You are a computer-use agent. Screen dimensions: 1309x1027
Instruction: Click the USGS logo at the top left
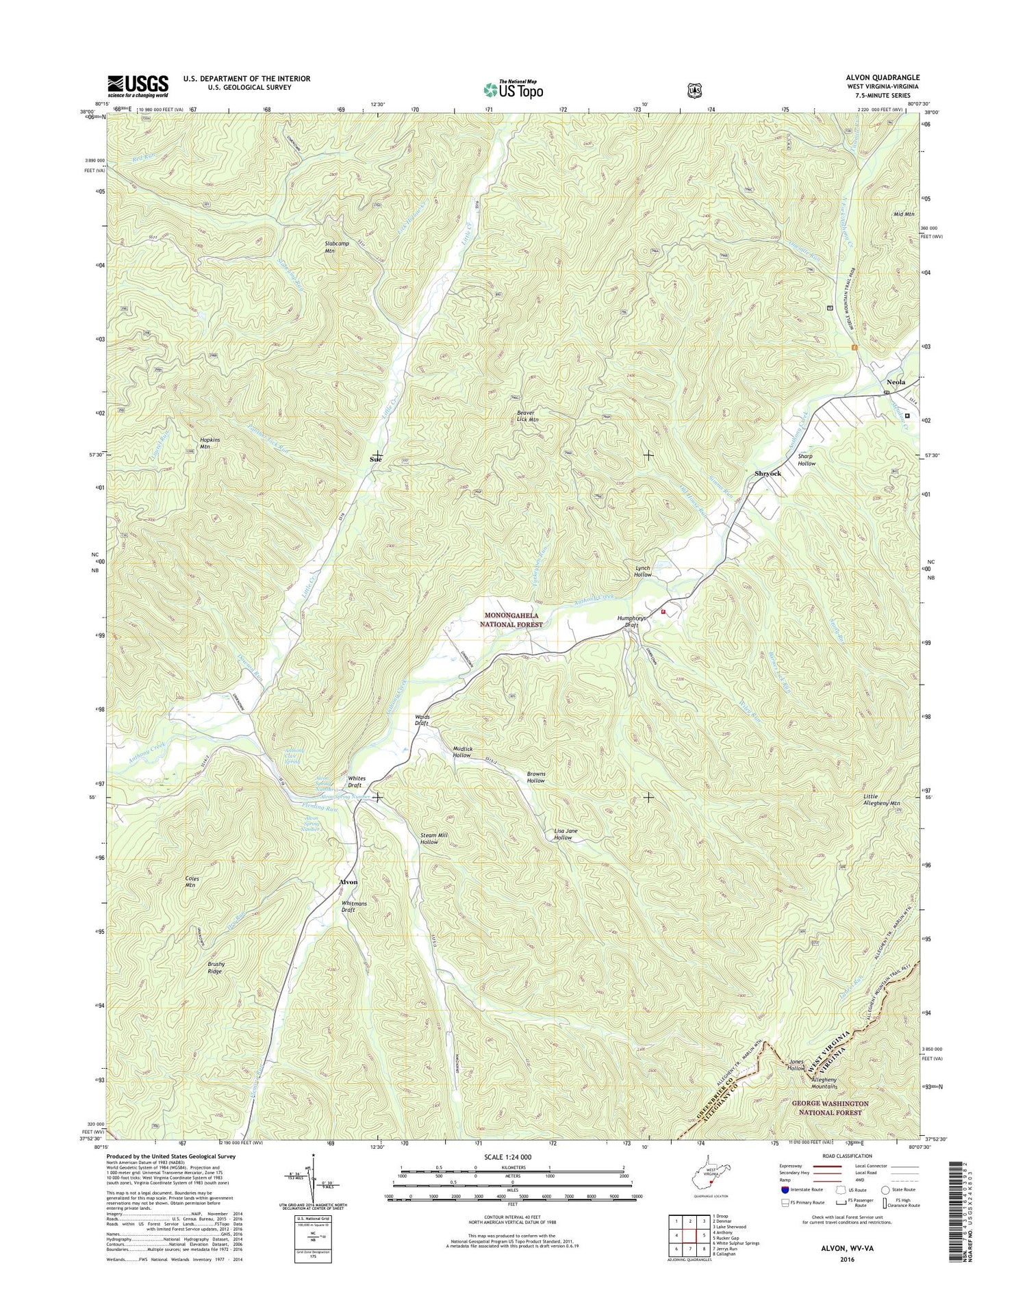(138, 85)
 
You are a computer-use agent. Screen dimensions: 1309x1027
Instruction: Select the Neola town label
(896, 382)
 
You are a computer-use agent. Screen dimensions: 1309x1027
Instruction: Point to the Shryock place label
(768, 474)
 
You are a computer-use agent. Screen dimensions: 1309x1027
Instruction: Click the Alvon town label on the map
(348, 882)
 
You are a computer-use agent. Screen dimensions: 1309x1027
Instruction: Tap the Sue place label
(375, 459)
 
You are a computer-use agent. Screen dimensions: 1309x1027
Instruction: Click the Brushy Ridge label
(216, 967)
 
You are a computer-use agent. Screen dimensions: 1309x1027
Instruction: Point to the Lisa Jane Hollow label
(566, 835)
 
